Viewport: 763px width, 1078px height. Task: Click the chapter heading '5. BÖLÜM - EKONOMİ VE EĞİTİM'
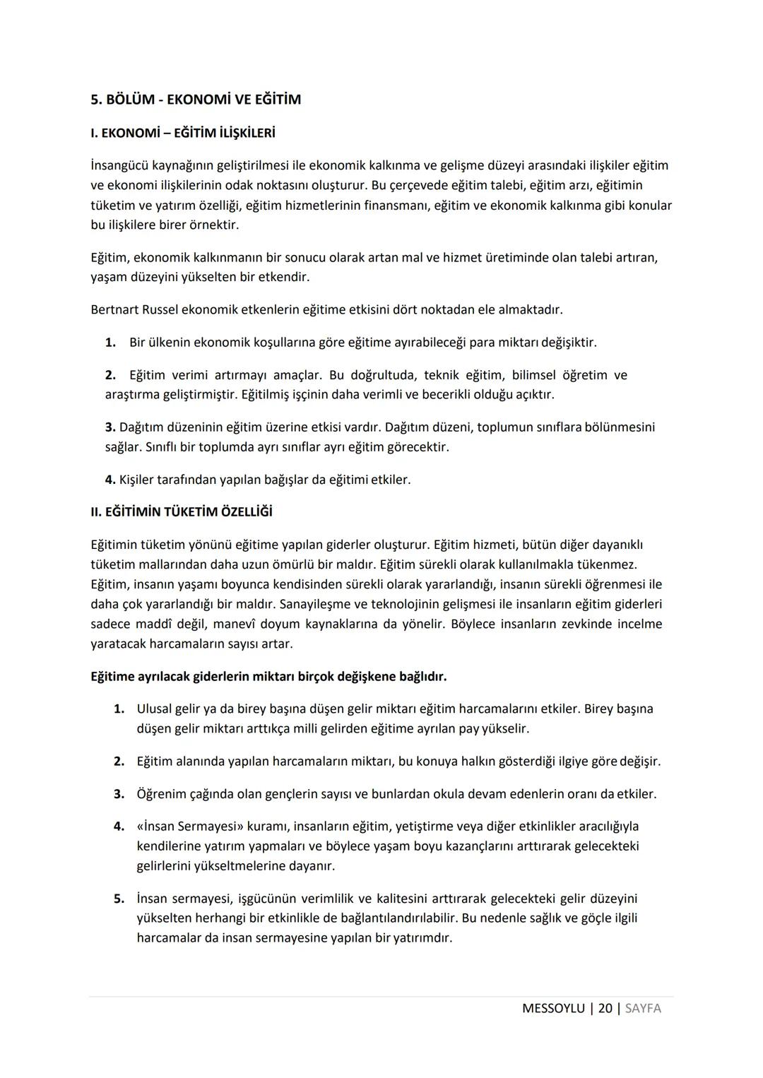pyautogui.click(x=196, y=100)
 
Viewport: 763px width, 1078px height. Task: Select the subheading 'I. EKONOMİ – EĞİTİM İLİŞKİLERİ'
pyautogui.click(x=183, y=133)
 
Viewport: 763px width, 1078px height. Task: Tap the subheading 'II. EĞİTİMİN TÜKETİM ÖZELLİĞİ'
pyautogui.click(x=182, y=511)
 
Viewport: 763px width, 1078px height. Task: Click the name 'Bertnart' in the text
pyautogui.click(x=114, y=309)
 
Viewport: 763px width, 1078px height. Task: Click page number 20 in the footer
pyautogui.click(x=605, y=1008)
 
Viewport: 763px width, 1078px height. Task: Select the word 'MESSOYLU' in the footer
pyautogui.click(x=553, y=1008)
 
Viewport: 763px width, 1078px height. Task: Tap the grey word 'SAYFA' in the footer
pyautogui.click(x=643, y=1008)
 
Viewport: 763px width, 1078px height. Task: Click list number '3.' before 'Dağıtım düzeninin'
pyautogui.click(x=110, y=427)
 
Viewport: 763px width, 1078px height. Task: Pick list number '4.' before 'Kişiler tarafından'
pyautogui.click(x=110, y=480)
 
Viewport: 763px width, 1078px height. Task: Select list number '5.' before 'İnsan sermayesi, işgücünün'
pyautogui.click(x=119, y=899)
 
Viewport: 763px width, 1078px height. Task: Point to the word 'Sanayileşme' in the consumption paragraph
pyautogui.click(x=315, y=604)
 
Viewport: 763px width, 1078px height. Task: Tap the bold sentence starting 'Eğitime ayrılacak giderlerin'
pyautogui.click(x=268, y=676)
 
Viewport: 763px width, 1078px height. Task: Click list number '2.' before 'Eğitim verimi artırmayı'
pyautogui.click(x=110, y=375)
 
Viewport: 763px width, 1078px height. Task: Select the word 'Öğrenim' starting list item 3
pyautogui.click(x=160, y=793)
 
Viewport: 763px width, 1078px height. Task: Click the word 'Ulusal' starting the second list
pyautogui.click(x=155, y=708)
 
